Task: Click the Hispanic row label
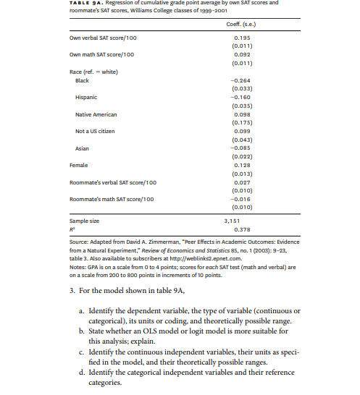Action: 86,97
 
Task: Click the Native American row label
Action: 96,114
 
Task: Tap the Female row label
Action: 78,165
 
